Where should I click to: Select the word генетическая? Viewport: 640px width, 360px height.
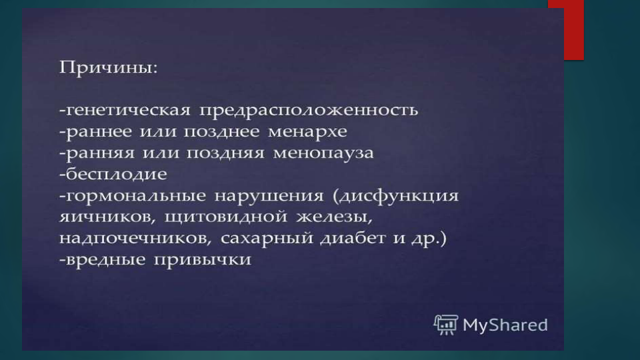[128, 110]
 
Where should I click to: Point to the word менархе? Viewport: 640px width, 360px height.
[307, 132]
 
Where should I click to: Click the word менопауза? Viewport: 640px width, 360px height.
[323, 153]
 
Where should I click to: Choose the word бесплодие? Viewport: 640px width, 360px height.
[116, 174]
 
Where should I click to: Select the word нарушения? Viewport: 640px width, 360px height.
[269, 196]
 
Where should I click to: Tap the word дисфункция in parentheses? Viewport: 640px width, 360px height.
[399, 196]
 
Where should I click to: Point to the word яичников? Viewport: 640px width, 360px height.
[107, 217]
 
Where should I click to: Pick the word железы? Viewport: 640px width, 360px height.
[334, 217]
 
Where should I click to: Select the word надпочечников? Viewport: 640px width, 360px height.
[135, 239]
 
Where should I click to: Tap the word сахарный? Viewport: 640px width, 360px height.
[266, 239]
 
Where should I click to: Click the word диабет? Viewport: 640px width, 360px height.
[352, 238]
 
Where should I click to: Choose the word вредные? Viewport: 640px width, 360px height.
[105, 259]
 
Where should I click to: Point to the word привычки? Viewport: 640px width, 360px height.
[203, 260]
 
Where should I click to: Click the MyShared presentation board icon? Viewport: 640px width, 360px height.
[446, 325]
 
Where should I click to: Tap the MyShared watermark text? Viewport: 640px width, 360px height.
[505, 325]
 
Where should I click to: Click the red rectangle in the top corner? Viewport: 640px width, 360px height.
[566, 30]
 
